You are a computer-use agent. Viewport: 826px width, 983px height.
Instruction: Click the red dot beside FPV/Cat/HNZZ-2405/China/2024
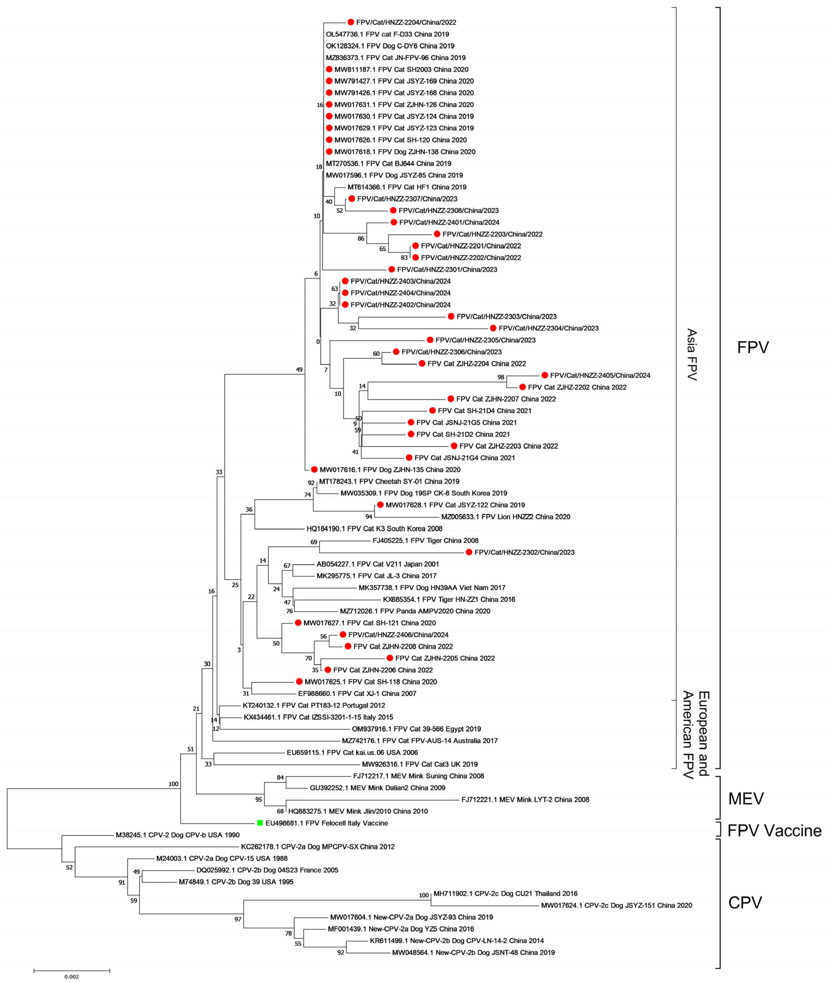tap(545, 375)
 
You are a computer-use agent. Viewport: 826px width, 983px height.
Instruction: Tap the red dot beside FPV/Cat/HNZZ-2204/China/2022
tap(351, 22)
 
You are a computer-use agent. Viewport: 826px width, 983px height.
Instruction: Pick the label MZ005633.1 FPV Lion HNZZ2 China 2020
tap(506, 517)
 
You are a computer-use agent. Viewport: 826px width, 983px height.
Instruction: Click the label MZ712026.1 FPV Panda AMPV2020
tap(415, 611)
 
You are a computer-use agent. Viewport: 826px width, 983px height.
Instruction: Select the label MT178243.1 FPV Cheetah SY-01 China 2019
tap(389, 481)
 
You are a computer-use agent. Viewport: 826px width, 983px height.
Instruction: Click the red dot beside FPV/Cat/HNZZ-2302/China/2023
tap(469, 552)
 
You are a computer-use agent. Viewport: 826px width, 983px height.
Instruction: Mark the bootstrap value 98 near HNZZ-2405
tap(501, 377)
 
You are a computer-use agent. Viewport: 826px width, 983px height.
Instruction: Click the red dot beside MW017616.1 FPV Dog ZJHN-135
tap(314, 469)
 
